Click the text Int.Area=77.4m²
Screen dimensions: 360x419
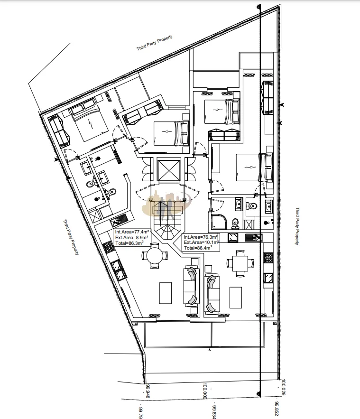click(x=132, y=232)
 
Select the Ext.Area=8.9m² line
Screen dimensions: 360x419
click(x=132, y=238)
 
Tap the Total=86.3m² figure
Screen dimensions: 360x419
click(x=129, y=243)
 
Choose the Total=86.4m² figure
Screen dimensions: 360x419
click(x=198, y=248)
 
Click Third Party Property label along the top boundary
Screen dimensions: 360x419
click(x=155, y=43)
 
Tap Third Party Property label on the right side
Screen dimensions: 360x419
click(x=297, y=226)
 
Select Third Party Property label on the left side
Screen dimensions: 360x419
click(x=71, y=237)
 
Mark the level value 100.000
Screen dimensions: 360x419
click(x=205, y=391)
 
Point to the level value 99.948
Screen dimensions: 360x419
click(x=148, y=391)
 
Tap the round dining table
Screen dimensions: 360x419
click(x=155, y=255)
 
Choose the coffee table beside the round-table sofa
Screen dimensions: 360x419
click(x=166, y=293)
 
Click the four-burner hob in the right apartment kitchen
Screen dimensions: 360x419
click(x=268, y=258)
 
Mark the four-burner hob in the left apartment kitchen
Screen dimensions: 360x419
click(x=109, y=248)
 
